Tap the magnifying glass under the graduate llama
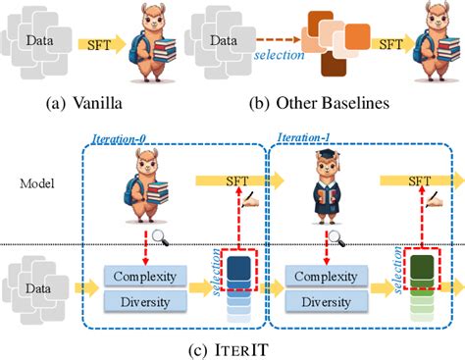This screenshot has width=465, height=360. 337,235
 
